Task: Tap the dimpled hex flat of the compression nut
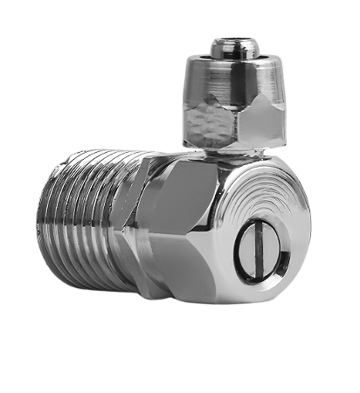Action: [x=208, y=122]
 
